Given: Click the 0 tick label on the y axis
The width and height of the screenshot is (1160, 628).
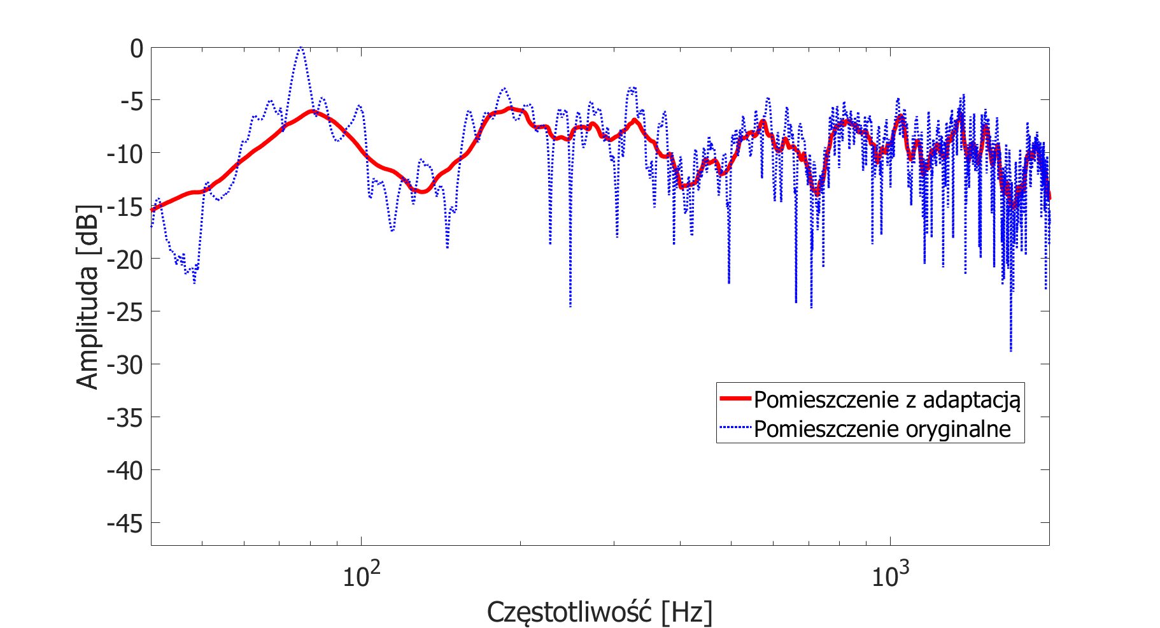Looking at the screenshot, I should tap(137, 48).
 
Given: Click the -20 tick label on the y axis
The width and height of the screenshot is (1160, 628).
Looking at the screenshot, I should tap(125, 259).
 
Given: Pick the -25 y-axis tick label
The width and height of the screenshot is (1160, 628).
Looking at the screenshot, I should tap(125, 312).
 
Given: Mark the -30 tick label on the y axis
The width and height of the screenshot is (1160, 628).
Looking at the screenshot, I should tap(125, 365).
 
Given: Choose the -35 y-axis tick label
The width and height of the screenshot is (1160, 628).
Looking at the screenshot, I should tap(125, 418).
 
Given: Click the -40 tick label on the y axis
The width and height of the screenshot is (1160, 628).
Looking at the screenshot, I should tap(125, 471).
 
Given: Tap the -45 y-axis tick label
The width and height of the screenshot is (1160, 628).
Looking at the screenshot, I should tap(125, 524).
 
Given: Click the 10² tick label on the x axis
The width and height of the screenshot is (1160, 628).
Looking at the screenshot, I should tap(361, 575).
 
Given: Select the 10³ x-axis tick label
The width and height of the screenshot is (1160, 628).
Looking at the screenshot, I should tap(889, 575).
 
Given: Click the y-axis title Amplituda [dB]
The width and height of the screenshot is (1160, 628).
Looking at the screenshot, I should tap(88, 297).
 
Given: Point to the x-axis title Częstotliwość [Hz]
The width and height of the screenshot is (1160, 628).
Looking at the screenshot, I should tap(599, 613).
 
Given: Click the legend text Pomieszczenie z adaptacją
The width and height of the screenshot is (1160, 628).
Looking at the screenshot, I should tap(887, 400).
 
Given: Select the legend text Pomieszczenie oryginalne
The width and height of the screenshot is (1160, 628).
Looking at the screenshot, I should tap(882, 429).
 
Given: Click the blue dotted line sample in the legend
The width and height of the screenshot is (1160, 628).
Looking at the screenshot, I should tap(735, 428).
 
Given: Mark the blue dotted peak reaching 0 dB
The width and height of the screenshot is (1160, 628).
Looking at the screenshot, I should tap(301, 48).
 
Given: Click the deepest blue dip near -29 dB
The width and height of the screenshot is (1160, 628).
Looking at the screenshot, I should tap(1010, 350).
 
